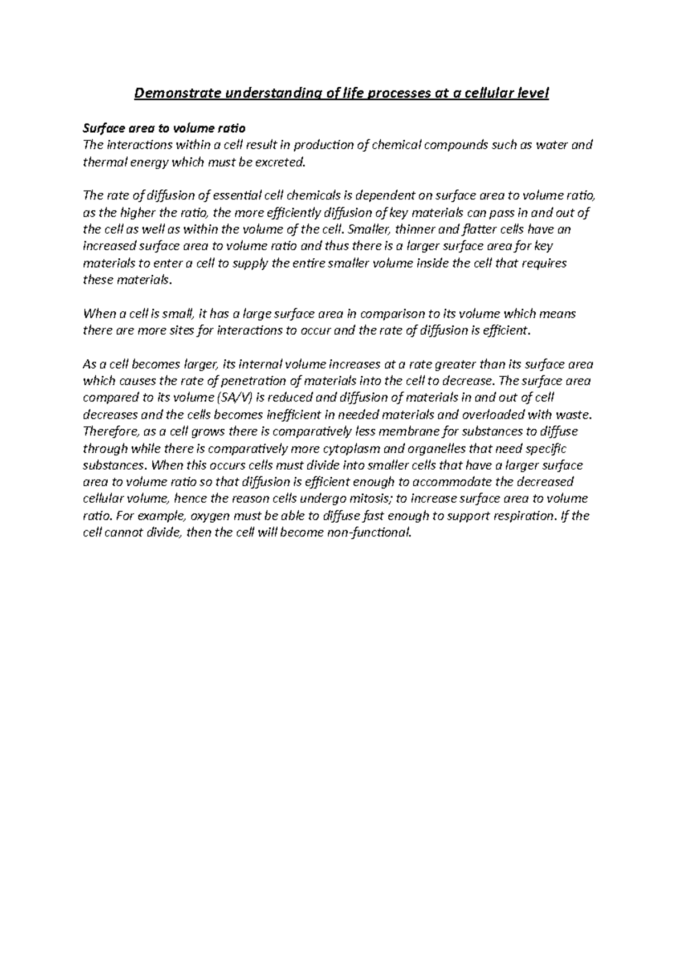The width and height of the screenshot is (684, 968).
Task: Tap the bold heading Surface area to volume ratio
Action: (164, 128)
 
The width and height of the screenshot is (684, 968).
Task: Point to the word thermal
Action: (103, 162)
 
